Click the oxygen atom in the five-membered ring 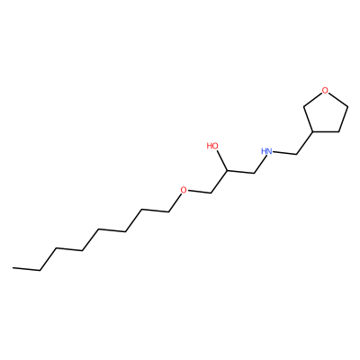325,90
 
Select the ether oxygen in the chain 184,190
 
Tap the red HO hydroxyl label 212,146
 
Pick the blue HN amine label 266,151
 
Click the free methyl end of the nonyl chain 13,267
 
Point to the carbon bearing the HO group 227,170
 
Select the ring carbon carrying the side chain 313,131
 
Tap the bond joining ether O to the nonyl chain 175,202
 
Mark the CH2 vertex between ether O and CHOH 211,193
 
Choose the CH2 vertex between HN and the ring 296,154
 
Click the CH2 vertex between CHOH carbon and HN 255,174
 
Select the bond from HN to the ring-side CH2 285,153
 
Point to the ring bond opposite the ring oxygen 326,131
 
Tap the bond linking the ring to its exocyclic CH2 304,143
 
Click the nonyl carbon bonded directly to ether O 169,212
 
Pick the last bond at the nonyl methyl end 26,269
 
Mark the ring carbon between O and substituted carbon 304,105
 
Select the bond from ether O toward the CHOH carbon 200,192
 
